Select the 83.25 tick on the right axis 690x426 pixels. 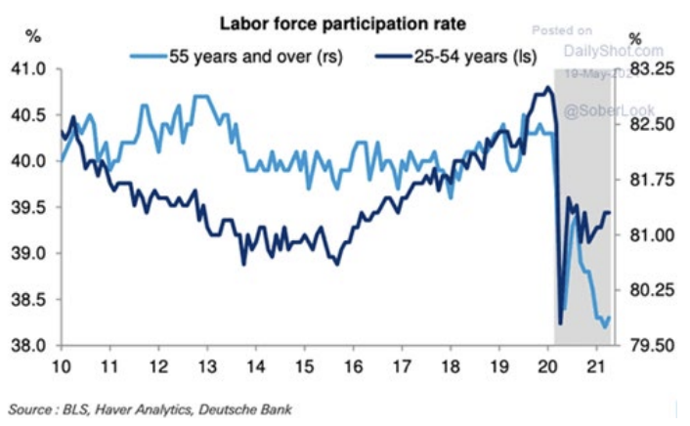click(651, 69)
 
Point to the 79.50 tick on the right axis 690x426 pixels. click(651, 346)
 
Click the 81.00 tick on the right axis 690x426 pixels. click(651, 235)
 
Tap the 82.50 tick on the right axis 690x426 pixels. click(651, 125)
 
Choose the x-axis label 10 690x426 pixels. click(62, 366)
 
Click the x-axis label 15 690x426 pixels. click(308, 366)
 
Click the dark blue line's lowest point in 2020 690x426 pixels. click(561, 323)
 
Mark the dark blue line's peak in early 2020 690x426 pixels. click(547, 88)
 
